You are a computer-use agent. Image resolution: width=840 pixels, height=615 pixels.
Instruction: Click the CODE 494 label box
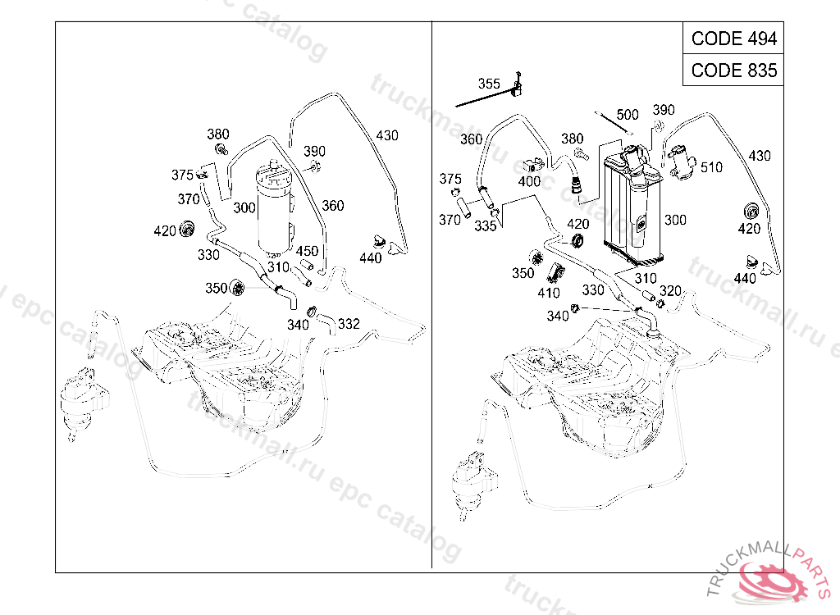pyautogui.click(x=733, y=39)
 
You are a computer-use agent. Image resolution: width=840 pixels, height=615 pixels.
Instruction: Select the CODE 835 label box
pyautogui.click(x=733, y=70)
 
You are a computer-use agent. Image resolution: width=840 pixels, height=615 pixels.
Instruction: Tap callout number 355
pyautogui.click(x=489, y=84)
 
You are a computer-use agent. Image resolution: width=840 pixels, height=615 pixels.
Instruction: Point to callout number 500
pyautogui.click(x=628, y=115)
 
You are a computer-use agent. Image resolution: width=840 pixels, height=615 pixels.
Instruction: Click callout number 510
pyautogui.click(x=712, y=167)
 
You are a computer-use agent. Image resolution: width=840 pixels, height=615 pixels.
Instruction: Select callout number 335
pyautogui.click(x=486, y=226)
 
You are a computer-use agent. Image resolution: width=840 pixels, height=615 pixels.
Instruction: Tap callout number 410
pyautogui.click(x=549, y=293)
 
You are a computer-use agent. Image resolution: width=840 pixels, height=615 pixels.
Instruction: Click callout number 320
pyautogui.click(x=670, y=291)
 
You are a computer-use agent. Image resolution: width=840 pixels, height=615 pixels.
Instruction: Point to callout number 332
pyautogui.click(x=349, y=324)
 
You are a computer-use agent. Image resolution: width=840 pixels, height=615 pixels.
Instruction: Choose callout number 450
pyautogui.click(x=307, y=251)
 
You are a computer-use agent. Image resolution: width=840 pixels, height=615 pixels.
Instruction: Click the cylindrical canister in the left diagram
pyautogui.click(x=273, y=209)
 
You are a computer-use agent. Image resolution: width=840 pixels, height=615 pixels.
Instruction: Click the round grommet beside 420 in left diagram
pyautogui.click(x=188, y=229)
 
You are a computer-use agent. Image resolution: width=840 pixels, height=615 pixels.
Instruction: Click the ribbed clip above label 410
pyautogui.click(x=558, y=272)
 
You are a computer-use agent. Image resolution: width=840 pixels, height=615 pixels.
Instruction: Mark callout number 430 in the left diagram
pyautogui.click(x=387, y=135)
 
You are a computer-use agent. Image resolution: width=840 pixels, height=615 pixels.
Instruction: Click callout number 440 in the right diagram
pyautogui.click(x=745, y=279)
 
